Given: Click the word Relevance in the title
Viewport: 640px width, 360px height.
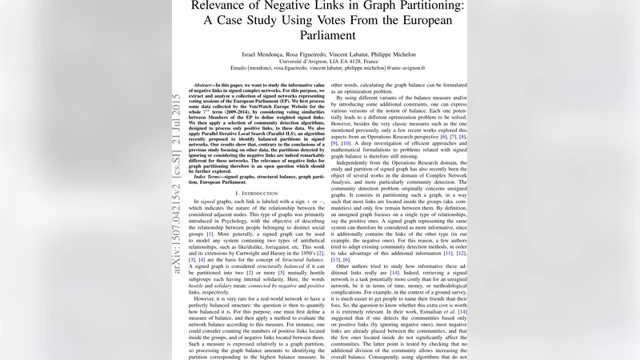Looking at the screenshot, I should click(223, 6).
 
